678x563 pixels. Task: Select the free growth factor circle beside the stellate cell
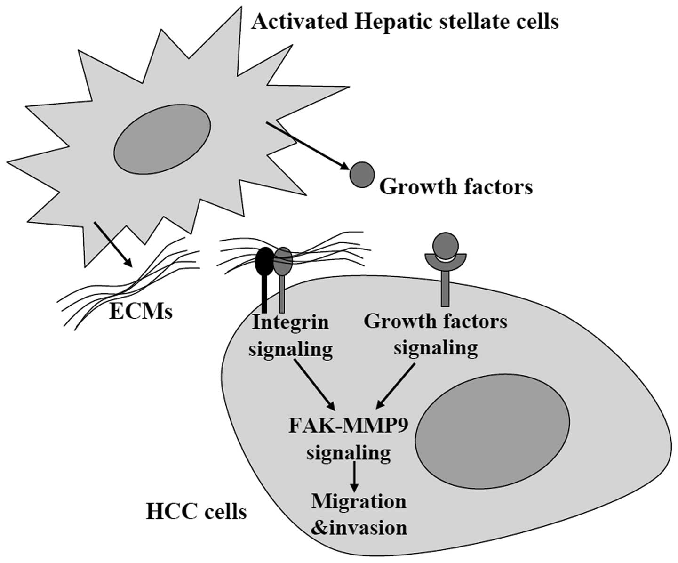tap(361, 175)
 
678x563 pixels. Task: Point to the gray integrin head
tap(283, 261)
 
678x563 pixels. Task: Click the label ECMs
tap(141, 312)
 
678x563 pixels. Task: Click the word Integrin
tap(290, 323)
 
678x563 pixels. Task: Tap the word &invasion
tap(359, 527)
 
